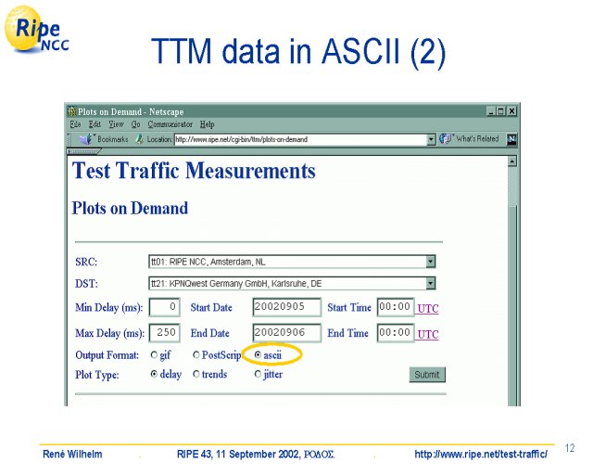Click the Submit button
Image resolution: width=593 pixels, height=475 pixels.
tap(427, 375)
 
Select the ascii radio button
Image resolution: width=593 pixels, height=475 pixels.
tap(258, 355)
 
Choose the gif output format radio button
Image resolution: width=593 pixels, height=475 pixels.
tap(154, 355)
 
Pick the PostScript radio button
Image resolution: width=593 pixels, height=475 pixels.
tap(196, 355)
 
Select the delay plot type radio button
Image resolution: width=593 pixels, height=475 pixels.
tap(154, 374)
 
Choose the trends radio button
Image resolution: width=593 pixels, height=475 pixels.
tap(196, 374)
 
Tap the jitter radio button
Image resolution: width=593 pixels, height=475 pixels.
tap(258, 374)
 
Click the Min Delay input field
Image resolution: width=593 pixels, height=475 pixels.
tap(165, 307)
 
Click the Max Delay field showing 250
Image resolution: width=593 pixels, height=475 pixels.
tap(165, 332)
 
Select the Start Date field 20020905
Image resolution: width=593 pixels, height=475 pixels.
tap(286, 307)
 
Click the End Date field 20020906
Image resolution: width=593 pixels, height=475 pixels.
tap(286, 332)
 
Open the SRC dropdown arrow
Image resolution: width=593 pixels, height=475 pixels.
tap(430, 262)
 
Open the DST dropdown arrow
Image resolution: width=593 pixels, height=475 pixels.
tap(430, 283)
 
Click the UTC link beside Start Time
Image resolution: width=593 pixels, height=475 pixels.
tap(428, 309)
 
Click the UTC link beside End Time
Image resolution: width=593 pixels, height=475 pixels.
tap(428, 335)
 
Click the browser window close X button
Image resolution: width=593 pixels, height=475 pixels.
tap(511, 111)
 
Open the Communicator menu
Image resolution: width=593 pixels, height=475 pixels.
tap(170, 124)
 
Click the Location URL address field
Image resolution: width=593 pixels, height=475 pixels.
tap(300, 139)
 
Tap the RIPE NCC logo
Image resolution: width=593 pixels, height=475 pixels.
tap(36, 30)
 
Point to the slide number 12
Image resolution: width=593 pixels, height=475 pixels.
tap(570, 448)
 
